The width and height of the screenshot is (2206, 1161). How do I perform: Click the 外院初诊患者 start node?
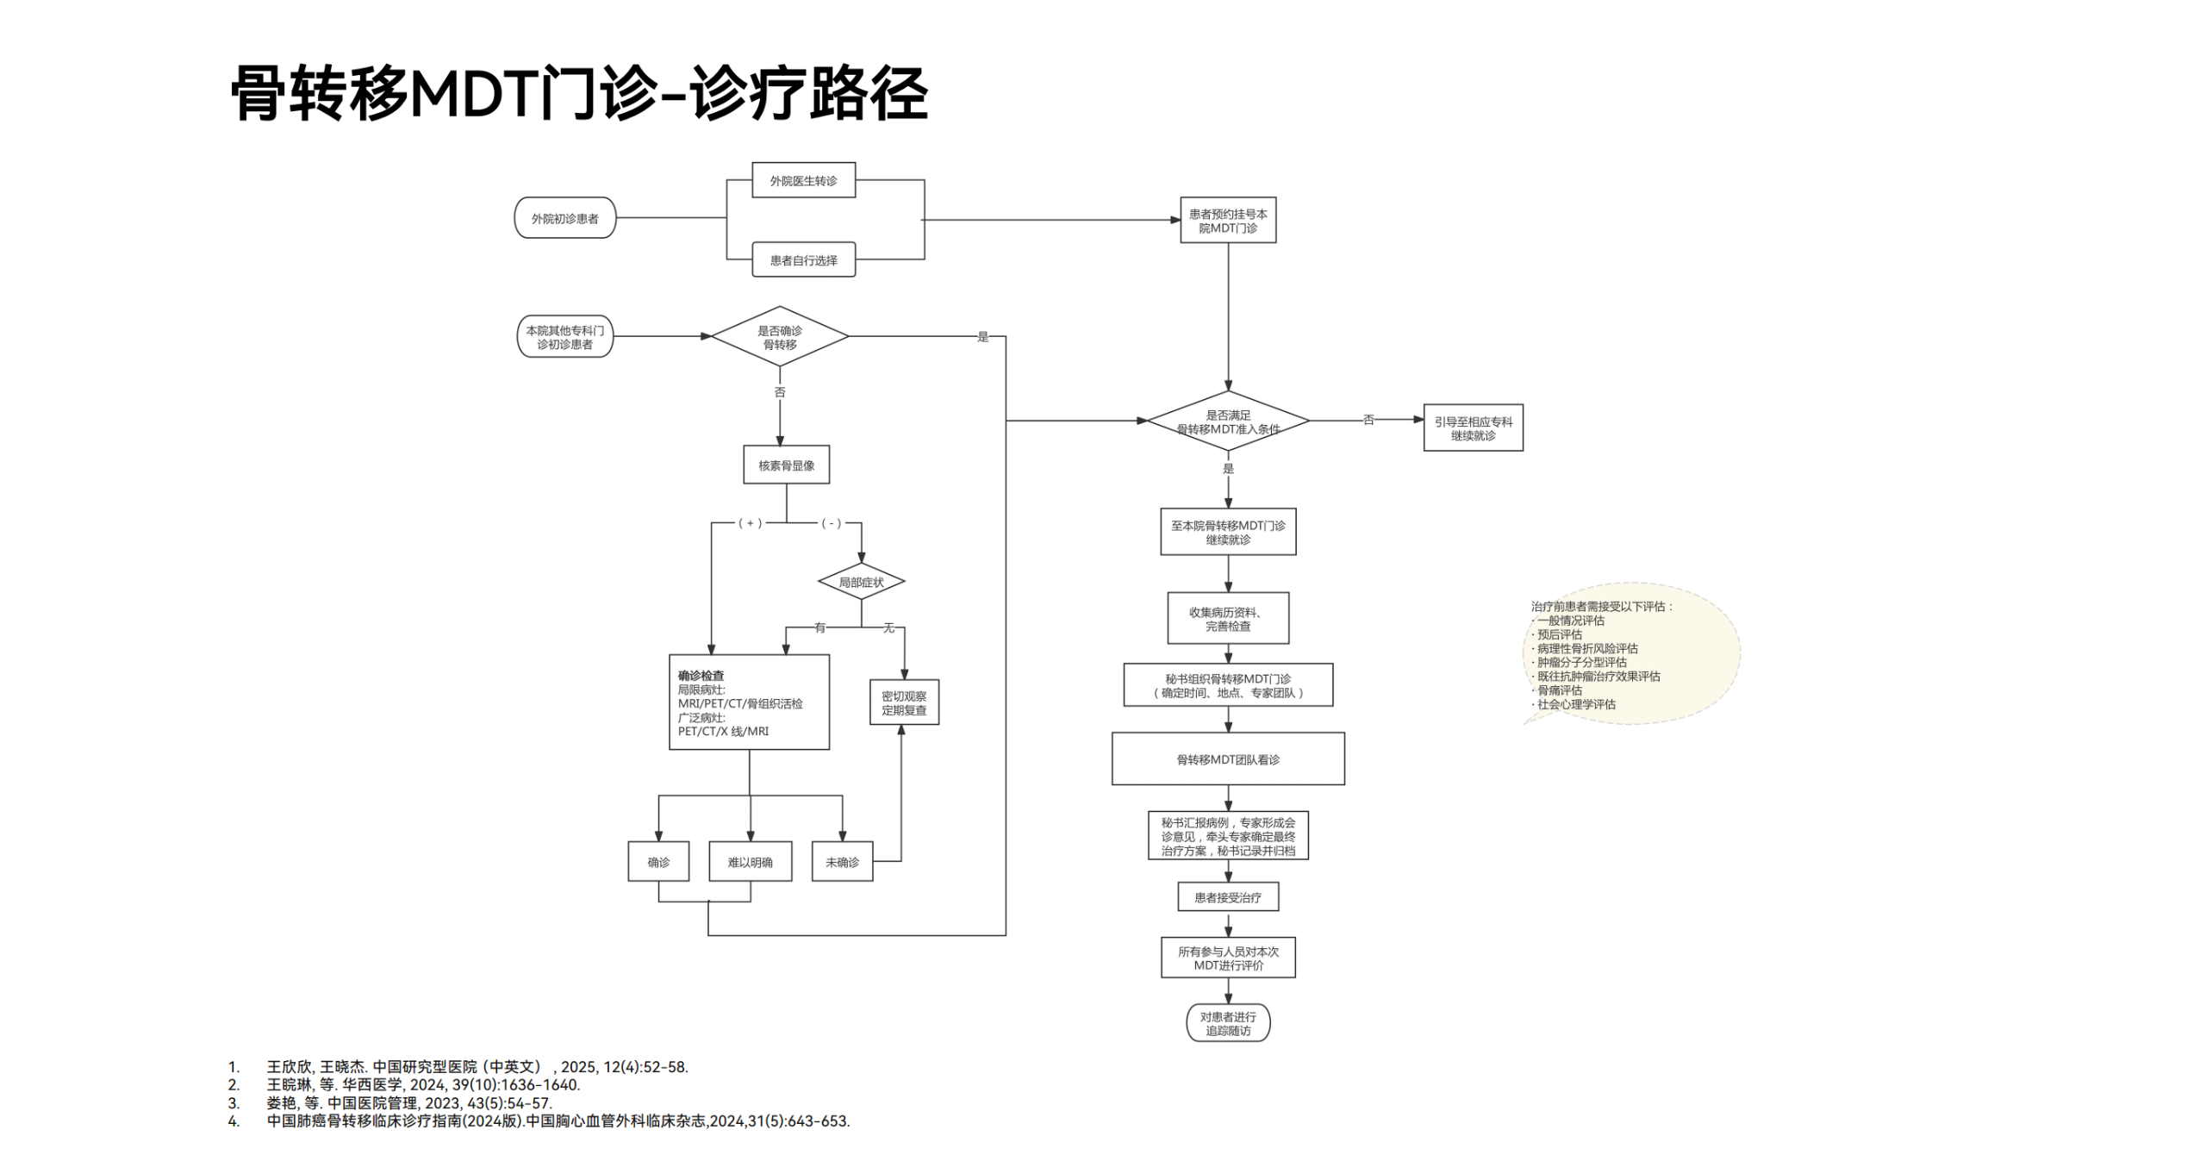pyautogui.click(x=564, y=218)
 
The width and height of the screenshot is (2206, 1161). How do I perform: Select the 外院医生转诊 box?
pyautogui.click(x=803, y=180)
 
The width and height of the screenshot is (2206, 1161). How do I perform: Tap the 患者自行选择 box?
pyautogui.click(x=803, y=259)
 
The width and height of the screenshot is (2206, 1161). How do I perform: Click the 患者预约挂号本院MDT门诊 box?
pyautogui.click(x=1227, y=221)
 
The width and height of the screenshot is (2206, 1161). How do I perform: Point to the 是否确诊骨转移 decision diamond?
pyautogui.click(x=779, y=337)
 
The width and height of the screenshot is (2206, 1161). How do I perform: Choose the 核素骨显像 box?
pyautogui.click(x=786, y=465)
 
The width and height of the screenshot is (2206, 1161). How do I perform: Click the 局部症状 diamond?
pyautogui.click(x=861, y=582)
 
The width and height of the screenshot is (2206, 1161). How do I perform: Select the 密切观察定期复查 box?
pyautogui.click(x=904, y=702)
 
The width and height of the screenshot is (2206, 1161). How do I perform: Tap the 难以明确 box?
pyautogui.click(x=750, y=861)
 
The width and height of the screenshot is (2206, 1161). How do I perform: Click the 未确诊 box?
pyautogui.click(x=842, y=861)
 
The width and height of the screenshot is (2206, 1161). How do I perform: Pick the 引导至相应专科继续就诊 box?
pyautogui.click(x=1473, y=428)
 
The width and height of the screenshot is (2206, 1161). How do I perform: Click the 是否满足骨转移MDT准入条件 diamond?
pyautogui.click(x=1227, y=421)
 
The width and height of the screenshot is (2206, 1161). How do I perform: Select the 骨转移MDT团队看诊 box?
pyautogui.click(x=1227, y=758)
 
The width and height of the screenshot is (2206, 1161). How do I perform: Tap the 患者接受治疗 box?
pyautogui.click(x=1227, y=896)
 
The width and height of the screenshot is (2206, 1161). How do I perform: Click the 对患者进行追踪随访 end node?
pyautogui.click(x=1227, y=1023)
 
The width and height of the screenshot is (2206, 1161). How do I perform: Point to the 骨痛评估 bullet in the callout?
pyautogui.click(x=1559, y=690)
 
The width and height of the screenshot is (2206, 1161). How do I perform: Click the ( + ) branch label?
pyautogui.click(x=750, y=523)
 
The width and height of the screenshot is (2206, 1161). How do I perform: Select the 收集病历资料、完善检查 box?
pyautogui.click(x=1227, y=618)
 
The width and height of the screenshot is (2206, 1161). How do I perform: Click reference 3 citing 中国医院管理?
pyautogui.click(x=409, y=1102)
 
